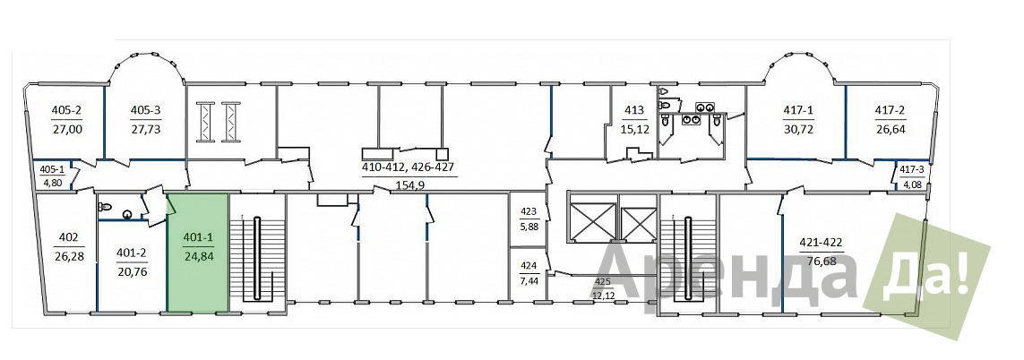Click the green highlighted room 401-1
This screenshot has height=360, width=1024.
point(197,253)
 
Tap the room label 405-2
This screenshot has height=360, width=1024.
point(66,110)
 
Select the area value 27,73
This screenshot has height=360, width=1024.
point(145,129)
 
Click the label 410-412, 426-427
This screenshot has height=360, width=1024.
point(409,168)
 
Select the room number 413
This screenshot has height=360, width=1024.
point(634,110)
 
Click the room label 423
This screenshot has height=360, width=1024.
point(528,211)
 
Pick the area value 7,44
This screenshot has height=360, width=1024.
point(528,280)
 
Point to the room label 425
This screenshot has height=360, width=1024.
point(601,282)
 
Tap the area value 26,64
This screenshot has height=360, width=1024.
point(890,129)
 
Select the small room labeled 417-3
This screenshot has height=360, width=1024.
point(912,175)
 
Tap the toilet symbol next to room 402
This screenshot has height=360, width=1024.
point(105,207)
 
